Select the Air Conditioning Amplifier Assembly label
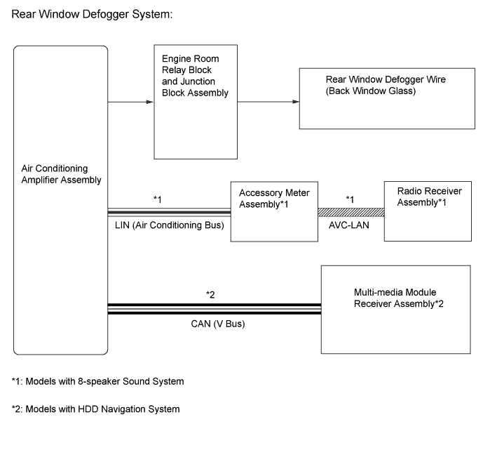62,174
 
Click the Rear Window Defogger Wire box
384,98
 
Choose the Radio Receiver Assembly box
428,211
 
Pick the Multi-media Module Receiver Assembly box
395,308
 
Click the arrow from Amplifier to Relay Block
130,102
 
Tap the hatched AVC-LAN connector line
351,211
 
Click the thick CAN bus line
214,308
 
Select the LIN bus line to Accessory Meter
169,211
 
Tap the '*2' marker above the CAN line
210,293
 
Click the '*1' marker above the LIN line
158,199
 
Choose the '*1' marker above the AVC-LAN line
351,199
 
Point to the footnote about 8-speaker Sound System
98,382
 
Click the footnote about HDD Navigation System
95,409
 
